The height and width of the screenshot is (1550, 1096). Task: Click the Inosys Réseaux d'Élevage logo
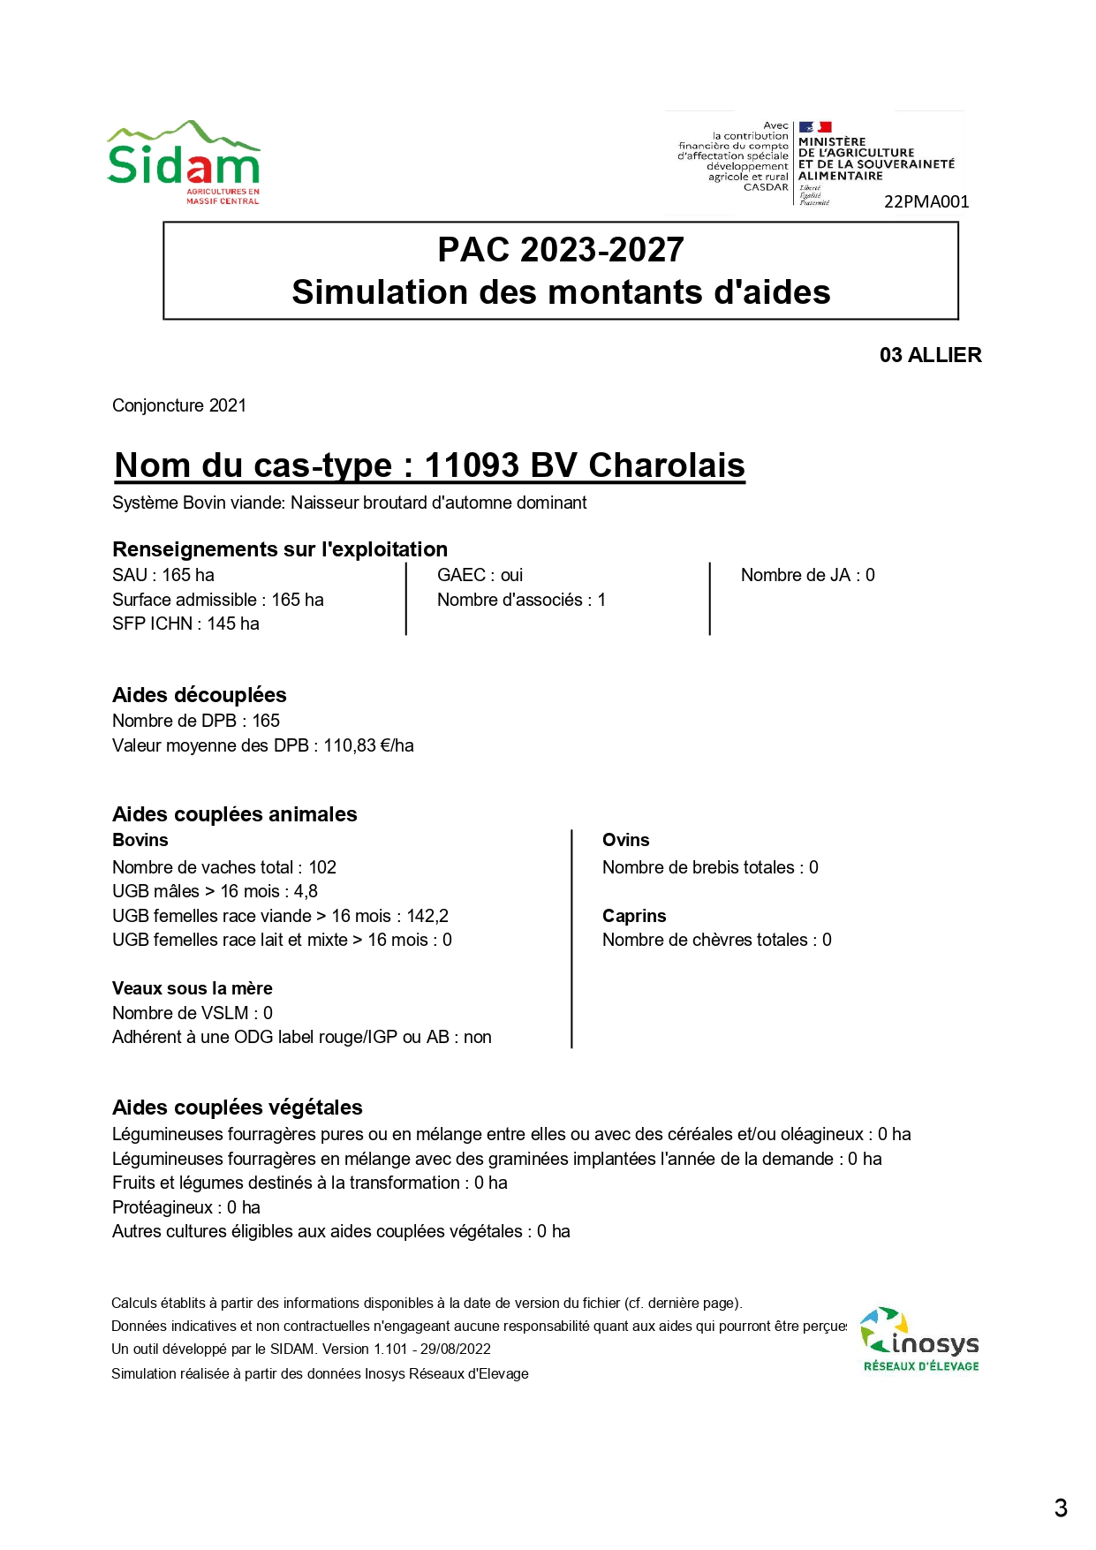point(920,1340)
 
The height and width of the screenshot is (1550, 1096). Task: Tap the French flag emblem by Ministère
point(814,127)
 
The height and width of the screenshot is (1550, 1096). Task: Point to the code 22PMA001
point(926,201)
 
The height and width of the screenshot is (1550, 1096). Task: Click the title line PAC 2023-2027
point(561,250)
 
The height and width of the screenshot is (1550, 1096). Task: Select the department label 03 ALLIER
point(930,355)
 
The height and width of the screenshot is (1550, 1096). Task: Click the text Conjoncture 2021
point(179,405)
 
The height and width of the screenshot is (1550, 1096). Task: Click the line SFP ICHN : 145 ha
point(185,624)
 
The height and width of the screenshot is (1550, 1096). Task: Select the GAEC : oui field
point(480,575)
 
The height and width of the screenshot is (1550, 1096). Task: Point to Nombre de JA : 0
point(807,575)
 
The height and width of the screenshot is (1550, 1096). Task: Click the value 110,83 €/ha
point(368,745)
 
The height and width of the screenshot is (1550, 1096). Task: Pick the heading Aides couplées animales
point(234,814)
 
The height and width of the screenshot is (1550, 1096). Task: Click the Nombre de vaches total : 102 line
point(224,867)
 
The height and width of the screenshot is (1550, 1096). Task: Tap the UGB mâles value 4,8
point(306,891)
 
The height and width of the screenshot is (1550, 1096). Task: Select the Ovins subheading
point(625,840)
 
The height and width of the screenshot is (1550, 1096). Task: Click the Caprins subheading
point(634,916)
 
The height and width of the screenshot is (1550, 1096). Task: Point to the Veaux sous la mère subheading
point(192,988)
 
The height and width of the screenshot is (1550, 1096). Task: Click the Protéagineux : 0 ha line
point(185,1207)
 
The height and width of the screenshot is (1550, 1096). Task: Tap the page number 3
point(1061,1508)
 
